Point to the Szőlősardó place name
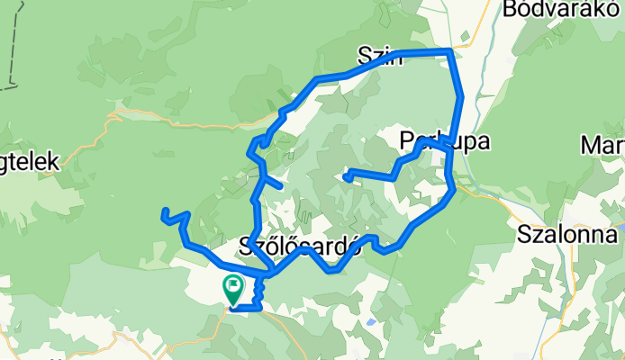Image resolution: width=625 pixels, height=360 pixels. [x=301, y=246]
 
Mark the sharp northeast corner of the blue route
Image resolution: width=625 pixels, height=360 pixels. [x=449, y=51]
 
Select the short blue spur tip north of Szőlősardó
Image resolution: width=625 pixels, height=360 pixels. [x=282, y=187]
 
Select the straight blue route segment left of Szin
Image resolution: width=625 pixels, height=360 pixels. [x=342, y=74]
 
